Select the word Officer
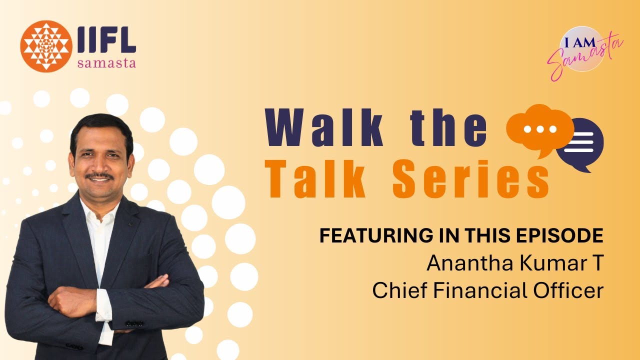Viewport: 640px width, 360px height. click(570, 290)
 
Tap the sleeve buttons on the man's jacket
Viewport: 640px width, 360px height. click(133, 323)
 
